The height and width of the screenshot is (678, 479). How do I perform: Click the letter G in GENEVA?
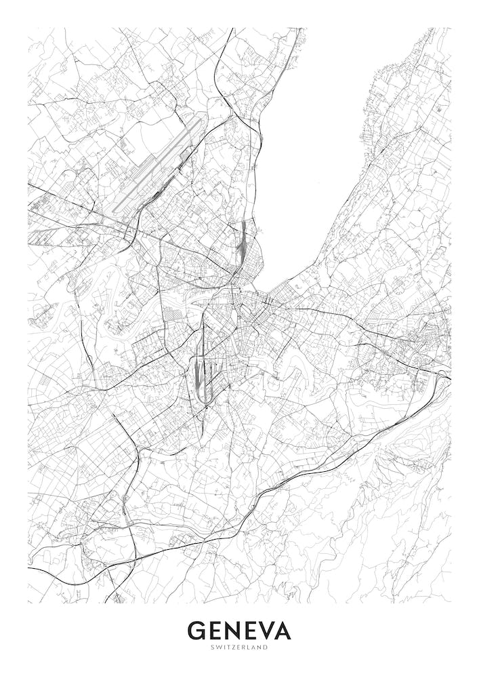[199, 631]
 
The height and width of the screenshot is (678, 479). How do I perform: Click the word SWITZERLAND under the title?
[239, 647]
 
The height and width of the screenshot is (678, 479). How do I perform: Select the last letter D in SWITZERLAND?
[266, 647]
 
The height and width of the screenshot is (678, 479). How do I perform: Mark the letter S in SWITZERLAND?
[212, 647]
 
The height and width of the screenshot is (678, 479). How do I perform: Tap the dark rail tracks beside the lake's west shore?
[243, 241]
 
